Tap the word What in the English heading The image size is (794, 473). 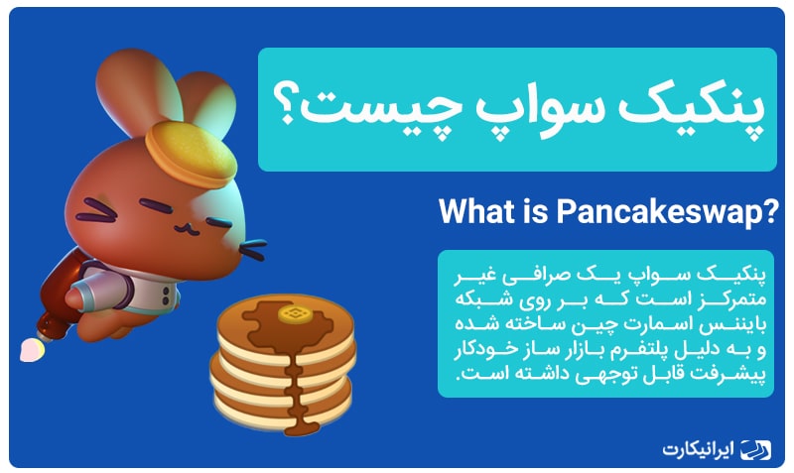(476, 210)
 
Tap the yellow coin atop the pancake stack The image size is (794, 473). (294, 313)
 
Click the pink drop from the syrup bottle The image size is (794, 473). (32, 350)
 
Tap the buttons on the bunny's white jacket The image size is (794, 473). (166, 296)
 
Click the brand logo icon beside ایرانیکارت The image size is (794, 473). (754, 449)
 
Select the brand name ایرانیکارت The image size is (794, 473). (698, 449)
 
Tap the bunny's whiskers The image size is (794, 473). (252, 250)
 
